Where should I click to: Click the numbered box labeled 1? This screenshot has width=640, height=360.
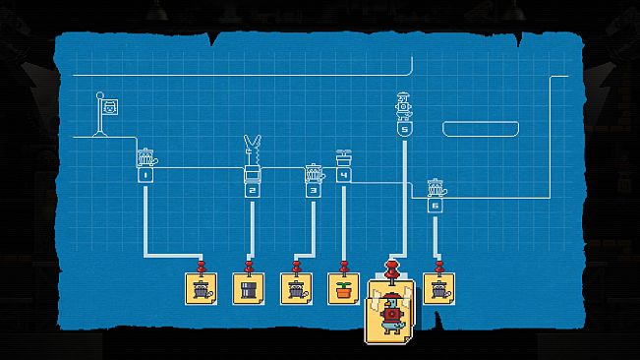(x=145, y=176)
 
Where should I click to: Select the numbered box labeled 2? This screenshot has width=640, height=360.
(x=252, y=191)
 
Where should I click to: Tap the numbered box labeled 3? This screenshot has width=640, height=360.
(x=313, y=191)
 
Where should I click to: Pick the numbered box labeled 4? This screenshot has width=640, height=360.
(x=344, y=175)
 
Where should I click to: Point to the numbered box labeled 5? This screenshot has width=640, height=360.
(x=404, y=130)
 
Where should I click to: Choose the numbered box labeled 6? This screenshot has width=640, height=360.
(x=436, y=206)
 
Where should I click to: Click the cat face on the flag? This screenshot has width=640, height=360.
(x=110, y=108)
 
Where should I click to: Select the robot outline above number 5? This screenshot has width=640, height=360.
(x=404, y=106)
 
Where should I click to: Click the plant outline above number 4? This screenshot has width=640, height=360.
(x=344, y=158)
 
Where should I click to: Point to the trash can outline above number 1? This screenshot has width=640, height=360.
(x=146, y=158)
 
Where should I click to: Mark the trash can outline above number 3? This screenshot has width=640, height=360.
(x=315, y=173)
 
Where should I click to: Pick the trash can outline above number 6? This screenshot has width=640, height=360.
(x=436, y=188)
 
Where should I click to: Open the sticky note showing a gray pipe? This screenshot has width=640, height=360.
(x=248, y=289)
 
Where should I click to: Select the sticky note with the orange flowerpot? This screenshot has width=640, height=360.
(x=344, y=289)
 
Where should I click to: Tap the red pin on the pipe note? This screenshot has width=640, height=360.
(x=249, y=268)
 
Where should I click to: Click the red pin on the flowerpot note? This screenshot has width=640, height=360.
(x=344, y=268)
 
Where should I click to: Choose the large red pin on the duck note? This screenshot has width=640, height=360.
(x=392, y=271)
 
